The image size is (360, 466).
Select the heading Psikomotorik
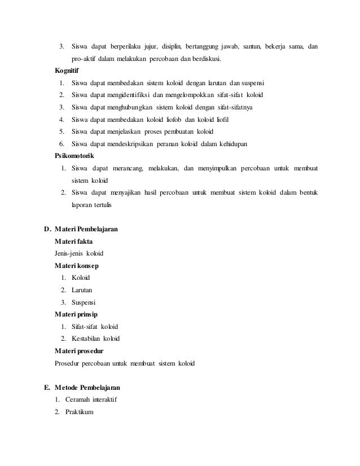[74, 156]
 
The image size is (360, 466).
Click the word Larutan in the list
[82, 289]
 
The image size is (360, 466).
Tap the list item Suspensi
[84, 302]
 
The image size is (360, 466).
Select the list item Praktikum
[82, 412]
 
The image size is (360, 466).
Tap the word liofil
[222, 120]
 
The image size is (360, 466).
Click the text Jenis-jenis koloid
[79, 253]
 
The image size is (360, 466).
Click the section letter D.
[47, 230]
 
